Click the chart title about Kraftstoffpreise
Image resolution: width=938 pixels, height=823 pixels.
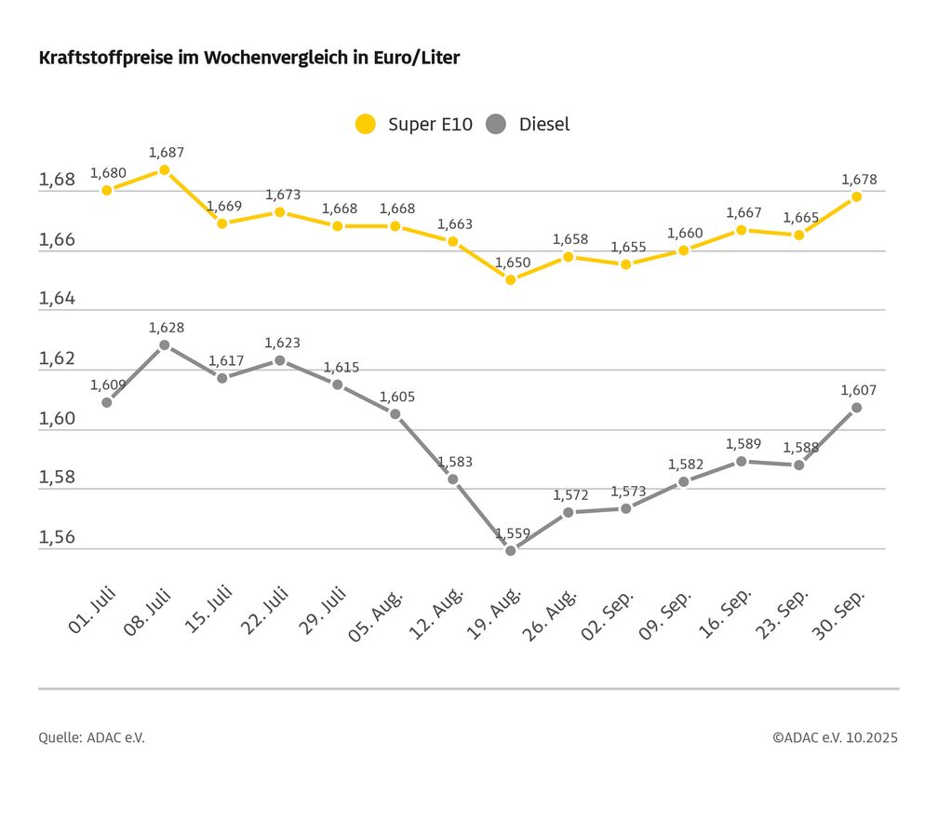click(249, 58)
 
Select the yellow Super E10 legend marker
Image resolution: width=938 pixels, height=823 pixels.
click(366, 124)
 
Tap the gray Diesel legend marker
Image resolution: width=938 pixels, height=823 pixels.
click(497, 124)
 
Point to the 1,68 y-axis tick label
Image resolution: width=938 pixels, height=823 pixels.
click(57, 180)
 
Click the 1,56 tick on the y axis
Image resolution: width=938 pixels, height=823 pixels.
click(57, 537)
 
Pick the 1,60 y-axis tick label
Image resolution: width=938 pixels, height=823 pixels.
click(57, 418)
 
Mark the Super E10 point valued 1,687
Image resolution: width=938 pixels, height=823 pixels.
click(165, 169)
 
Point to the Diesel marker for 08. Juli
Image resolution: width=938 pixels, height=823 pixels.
click(165, 344)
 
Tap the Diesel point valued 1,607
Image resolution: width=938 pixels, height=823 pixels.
click(856, 407)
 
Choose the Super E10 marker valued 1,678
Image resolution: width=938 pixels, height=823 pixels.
click(856, 196)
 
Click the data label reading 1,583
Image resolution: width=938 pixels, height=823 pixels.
click(454, 462)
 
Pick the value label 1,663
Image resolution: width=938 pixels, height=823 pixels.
click(454, 224)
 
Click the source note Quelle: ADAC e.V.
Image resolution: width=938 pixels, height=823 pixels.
click(92, 737)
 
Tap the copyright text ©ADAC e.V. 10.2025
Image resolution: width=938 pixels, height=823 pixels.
click(835, 737)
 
